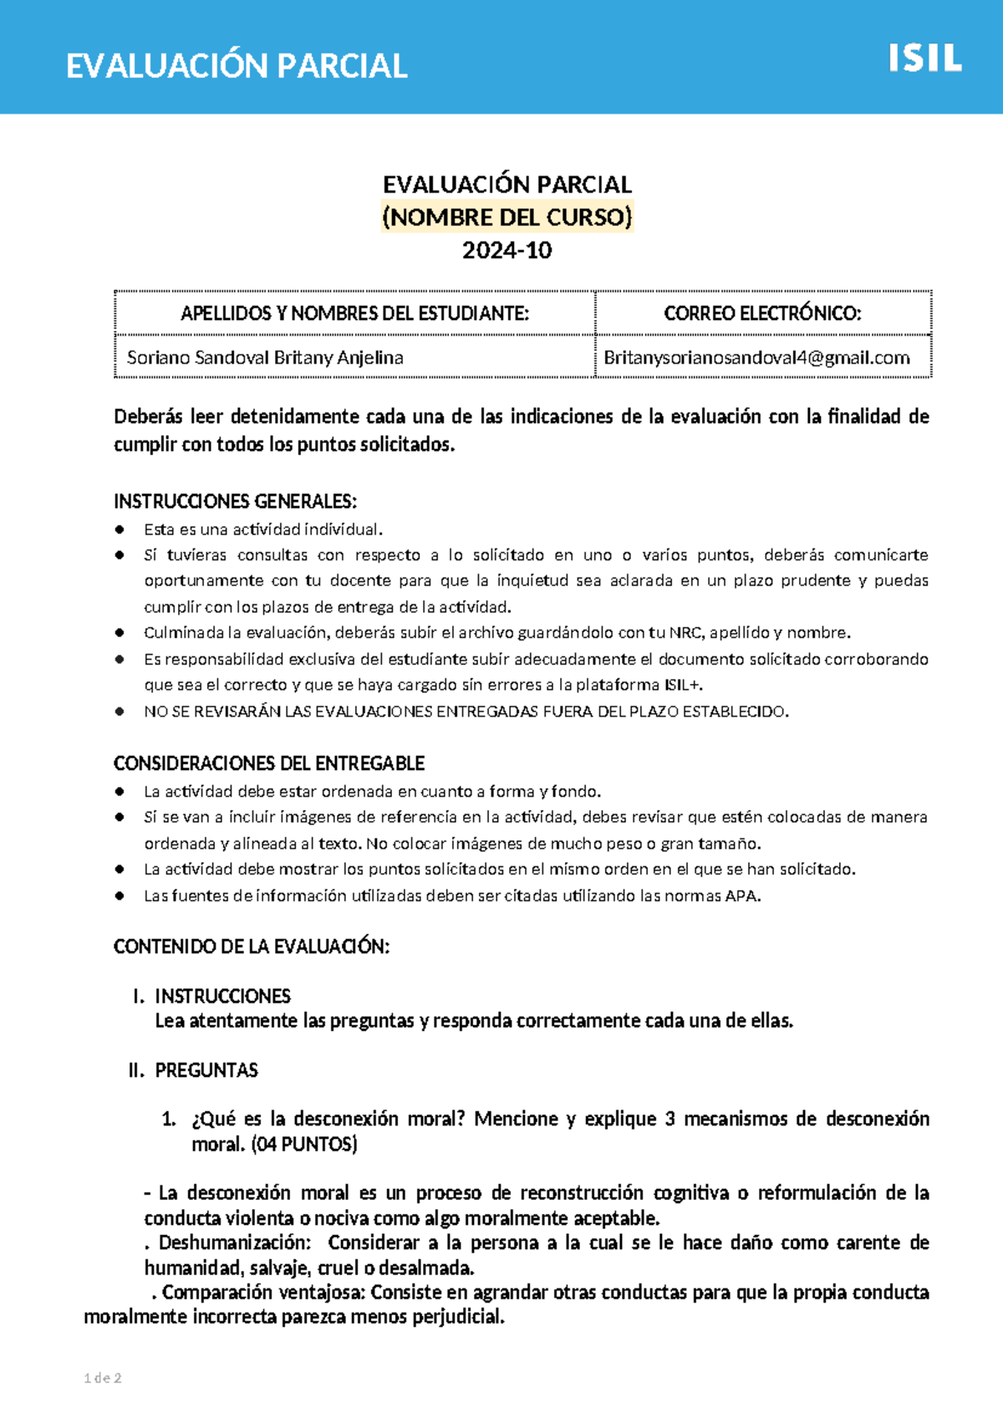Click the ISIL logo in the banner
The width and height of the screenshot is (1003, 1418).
tap(924, 59)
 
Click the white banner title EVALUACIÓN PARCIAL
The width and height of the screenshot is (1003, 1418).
tap(237, 66)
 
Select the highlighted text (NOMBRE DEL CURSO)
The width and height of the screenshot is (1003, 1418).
tap(507, 217)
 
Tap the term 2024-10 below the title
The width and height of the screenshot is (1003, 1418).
tap(507, 250)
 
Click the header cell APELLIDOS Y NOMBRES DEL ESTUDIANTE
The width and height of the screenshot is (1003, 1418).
tap(354, 314)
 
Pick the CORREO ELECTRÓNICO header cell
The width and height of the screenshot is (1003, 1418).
tap(762, 314)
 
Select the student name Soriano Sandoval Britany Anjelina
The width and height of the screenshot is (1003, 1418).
tap(265, 358)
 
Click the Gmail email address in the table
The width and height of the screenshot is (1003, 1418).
tap(756, 358)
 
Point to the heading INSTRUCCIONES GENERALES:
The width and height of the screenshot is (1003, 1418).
tap(235, 502)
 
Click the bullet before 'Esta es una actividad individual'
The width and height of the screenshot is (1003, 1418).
tap(120, 529)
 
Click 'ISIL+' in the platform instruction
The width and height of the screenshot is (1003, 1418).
tap(683, 686)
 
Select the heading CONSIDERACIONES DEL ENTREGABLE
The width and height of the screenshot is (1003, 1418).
tap(269, 763)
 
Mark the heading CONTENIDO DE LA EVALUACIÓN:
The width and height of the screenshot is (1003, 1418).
tap(252, 946)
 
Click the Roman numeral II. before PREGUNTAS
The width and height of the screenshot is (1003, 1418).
tap(136, 1070)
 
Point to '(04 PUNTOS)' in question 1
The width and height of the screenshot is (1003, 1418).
tap(304, 1145)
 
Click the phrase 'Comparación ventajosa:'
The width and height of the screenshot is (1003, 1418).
tap(264, 1293)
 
